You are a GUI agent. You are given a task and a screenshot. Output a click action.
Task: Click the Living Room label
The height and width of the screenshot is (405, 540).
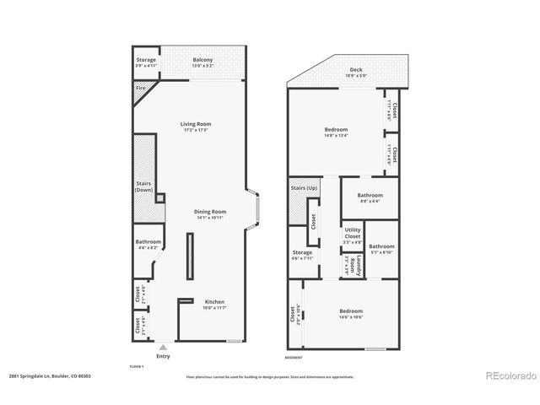click(x=194, y=124)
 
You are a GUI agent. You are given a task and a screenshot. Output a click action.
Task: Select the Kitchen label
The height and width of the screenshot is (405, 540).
click(x=214, y=301)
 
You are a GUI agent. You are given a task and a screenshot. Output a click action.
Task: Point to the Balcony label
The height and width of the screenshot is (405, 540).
click(x=202, y=60)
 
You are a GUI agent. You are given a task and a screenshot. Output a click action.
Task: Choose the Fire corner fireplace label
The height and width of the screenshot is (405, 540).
click(x=140, y=88)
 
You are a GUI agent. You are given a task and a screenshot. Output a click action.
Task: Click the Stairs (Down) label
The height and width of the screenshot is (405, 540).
click(x=144, y=186)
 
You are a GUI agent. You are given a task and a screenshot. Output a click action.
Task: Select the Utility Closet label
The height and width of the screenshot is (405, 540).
click(x=352, y=234)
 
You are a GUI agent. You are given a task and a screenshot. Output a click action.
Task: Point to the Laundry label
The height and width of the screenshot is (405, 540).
click(x=359, y=266)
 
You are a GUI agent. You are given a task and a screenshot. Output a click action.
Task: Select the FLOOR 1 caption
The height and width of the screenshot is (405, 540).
click(x=137, y=367)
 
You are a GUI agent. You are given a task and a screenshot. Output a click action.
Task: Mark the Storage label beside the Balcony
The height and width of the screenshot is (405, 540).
click(x=147, y=60)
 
